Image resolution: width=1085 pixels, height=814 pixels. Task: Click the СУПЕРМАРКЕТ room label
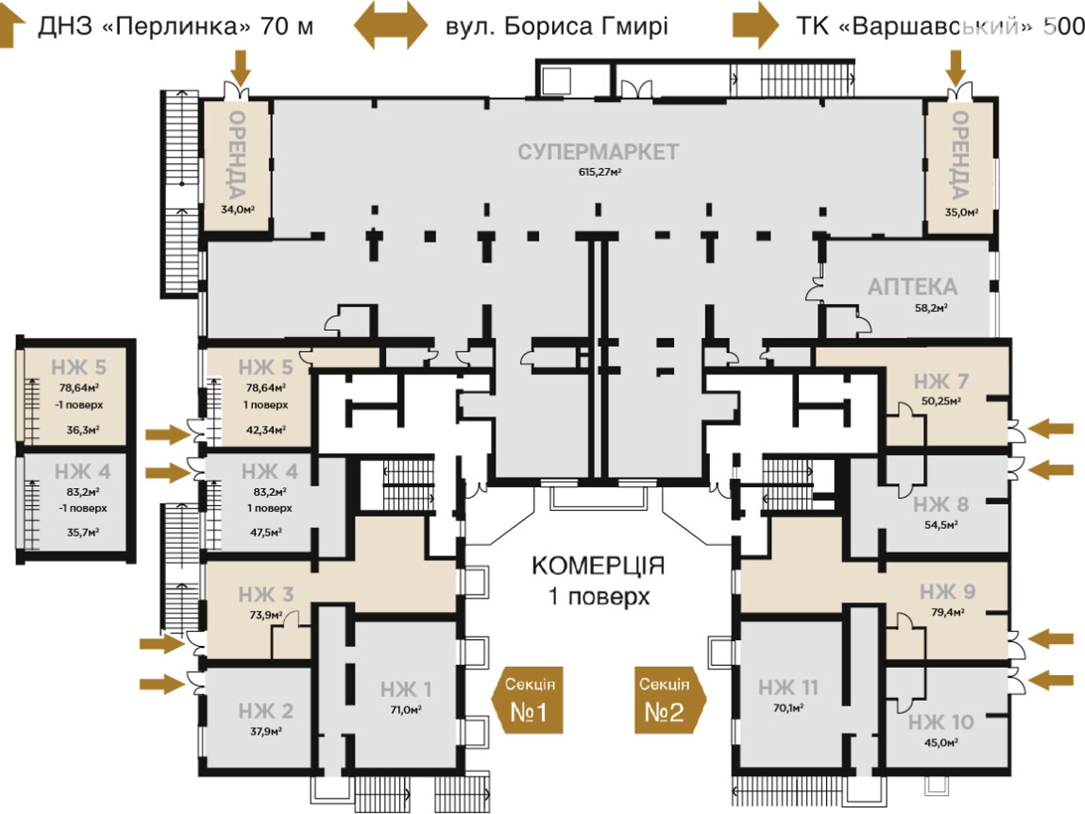597,152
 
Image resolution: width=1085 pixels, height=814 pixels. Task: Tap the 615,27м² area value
599,172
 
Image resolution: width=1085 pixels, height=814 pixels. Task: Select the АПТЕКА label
912,287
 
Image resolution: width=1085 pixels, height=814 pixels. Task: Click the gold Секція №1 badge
528,700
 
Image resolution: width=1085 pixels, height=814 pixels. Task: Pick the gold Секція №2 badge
668,700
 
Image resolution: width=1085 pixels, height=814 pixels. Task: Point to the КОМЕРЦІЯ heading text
597,565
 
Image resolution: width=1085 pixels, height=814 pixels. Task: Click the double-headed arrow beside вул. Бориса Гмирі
391,26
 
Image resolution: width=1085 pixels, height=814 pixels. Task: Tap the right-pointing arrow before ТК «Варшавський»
755,26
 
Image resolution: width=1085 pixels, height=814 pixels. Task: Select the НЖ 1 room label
406,690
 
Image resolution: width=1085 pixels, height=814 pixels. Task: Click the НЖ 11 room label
788,688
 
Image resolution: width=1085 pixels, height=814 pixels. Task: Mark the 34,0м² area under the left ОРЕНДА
237,210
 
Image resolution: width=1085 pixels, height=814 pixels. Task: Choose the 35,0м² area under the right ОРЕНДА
962,212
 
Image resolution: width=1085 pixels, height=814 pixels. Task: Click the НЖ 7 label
941,381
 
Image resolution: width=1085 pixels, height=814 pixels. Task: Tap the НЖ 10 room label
941,722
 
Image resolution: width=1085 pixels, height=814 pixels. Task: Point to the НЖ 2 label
265,711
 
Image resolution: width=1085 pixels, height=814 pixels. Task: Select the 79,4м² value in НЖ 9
947,612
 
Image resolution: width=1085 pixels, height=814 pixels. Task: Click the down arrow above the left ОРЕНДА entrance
240,68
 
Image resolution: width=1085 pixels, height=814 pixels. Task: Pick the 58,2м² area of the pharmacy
930,308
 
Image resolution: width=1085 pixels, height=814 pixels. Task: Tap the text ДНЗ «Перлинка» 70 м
175,26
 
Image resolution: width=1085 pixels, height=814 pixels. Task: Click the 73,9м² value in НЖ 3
266,615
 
